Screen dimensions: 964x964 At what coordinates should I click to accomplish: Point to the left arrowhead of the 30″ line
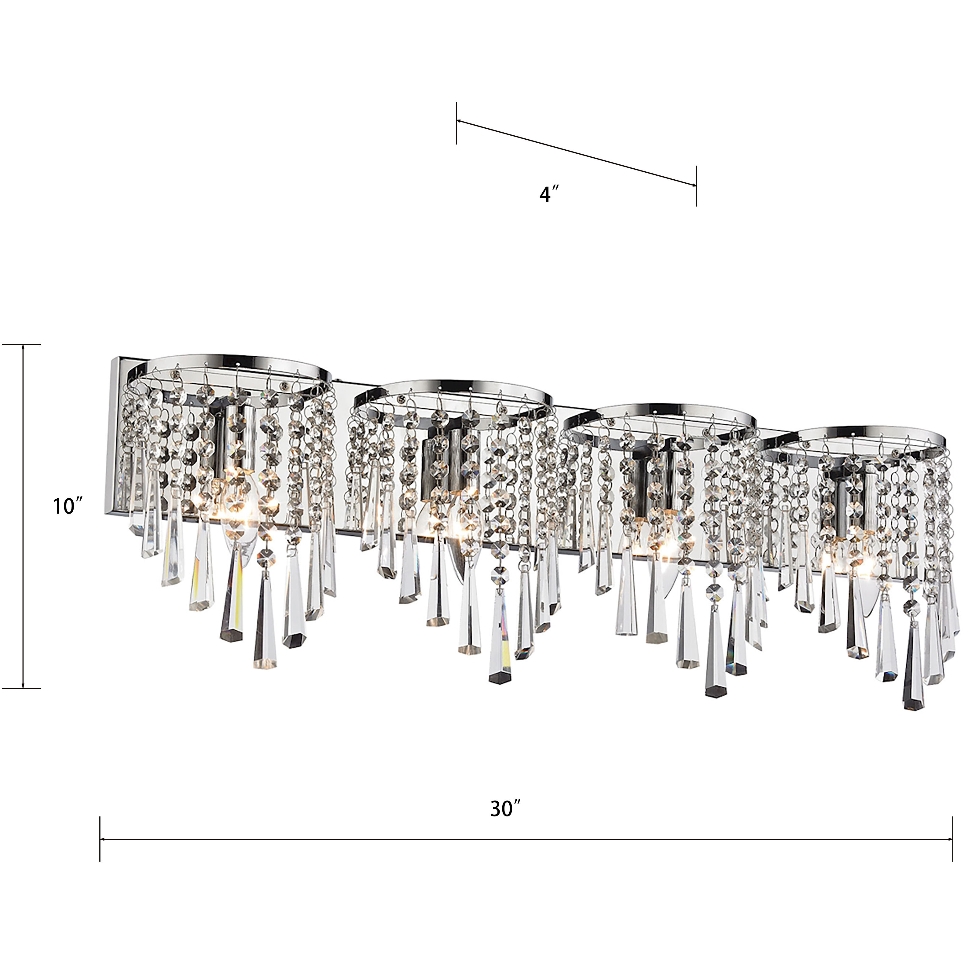click(x=104, y=839)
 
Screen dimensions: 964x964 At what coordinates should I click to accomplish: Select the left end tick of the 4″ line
click(x=456, y=123)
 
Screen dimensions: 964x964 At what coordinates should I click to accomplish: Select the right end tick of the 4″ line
click(x=697, y=185)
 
